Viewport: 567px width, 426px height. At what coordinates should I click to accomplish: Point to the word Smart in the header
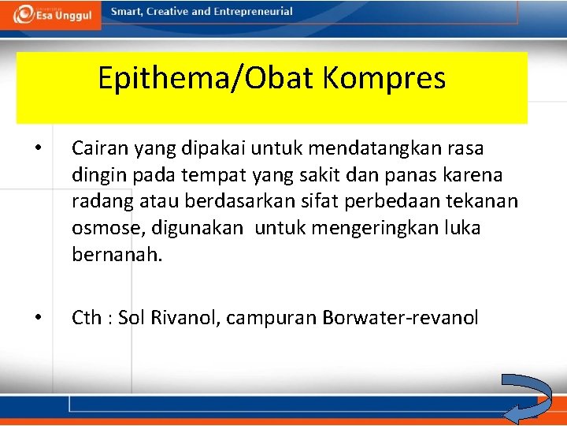point(126,12)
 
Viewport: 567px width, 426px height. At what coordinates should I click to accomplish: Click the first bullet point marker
point(37,148)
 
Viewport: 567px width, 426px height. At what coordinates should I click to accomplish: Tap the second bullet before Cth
point(37,318)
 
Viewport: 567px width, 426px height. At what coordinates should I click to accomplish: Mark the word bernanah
point(117,255)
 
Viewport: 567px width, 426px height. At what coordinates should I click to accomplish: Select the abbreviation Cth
point(86,318)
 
